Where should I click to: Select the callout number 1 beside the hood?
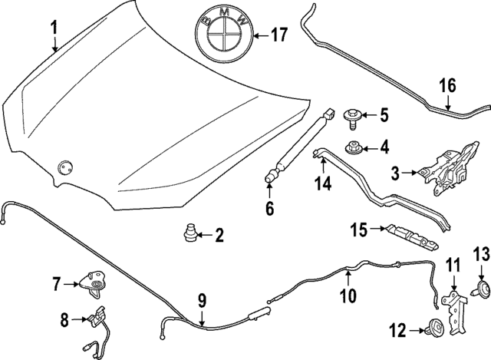point(54,28)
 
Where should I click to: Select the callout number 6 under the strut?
point(269,208)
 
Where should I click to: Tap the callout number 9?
point(201,300)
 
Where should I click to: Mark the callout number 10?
point(348,295)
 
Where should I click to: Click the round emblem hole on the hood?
point(65,163)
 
